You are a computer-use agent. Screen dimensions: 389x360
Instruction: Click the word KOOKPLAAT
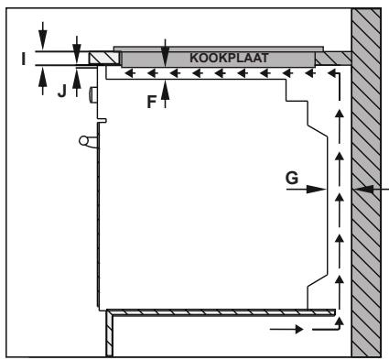click(229, 58)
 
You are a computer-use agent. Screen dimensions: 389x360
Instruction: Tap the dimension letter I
click(24, 59)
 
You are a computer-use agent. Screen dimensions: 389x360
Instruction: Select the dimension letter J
click(62, 91)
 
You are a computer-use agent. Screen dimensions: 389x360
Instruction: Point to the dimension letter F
click(152, 102)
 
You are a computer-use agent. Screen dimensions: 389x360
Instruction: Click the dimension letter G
click(292, 178)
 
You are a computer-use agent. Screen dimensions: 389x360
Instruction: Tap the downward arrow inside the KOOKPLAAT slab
click(165, 53)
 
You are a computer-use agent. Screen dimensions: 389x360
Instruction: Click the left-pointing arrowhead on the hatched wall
click(364, 190)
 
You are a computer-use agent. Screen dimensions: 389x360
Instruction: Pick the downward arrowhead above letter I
click(43, 39)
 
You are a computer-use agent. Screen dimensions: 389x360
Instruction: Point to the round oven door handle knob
click(83, 141)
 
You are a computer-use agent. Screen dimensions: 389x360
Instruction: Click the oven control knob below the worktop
click(93, 94)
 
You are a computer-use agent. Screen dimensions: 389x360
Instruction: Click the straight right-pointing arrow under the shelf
click(286, 329)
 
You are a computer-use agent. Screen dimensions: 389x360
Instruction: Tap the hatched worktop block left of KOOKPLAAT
click(103, 58)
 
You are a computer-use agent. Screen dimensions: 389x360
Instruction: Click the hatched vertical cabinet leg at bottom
click(109, 334)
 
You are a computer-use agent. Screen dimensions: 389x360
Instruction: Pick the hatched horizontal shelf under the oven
click(221, 312)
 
